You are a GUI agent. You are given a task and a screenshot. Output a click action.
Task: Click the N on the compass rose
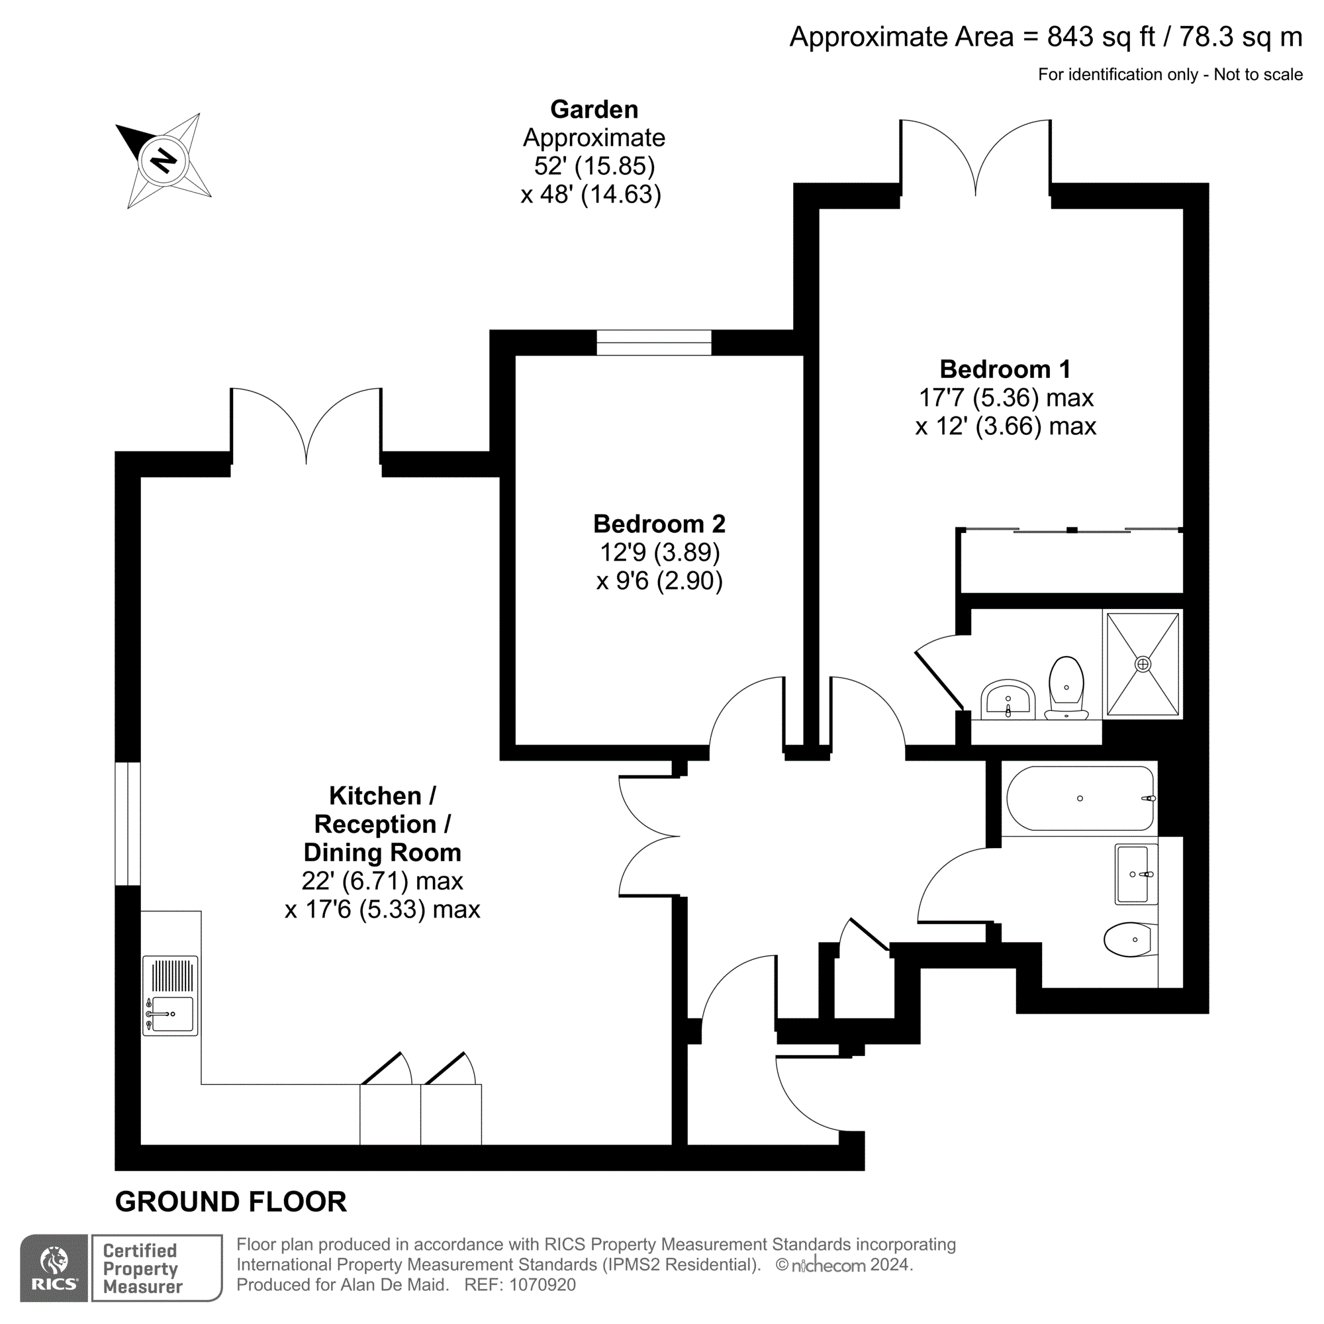tap(162, 162)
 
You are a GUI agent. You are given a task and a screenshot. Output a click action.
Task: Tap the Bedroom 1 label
tap(1005, 369)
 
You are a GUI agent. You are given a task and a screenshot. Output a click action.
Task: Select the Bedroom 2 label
tap(659, 524)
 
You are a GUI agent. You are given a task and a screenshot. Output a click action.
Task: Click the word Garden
tap(594, 110)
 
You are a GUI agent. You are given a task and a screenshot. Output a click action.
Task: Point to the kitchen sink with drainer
tap(171, 995)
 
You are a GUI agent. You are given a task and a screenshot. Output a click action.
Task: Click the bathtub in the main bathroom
tap(1079, 798)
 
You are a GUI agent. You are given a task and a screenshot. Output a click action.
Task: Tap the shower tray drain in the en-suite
tap(1143, 664)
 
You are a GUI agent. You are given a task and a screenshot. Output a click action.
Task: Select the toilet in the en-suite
tap(1066, 686)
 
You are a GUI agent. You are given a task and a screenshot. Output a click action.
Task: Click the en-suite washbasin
tap(1008, 700)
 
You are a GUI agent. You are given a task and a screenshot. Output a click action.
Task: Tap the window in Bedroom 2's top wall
tap(654, 343)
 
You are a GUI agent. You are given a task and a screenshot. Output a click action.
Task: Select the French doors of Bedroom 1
tap(975, 158)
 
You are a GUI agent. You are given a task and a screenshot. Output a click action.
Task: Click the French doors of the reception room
tap(306, 425)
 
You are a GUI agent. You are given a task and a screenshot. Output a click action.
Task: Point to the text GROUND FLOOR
tap(231, 1202)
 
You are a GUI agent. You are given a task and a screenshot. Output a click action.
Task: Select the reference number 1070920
tap(542, 1285)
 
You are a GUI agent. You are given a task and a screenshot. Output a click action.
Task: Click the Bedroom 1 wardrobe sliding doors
tap(1071, 530)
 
